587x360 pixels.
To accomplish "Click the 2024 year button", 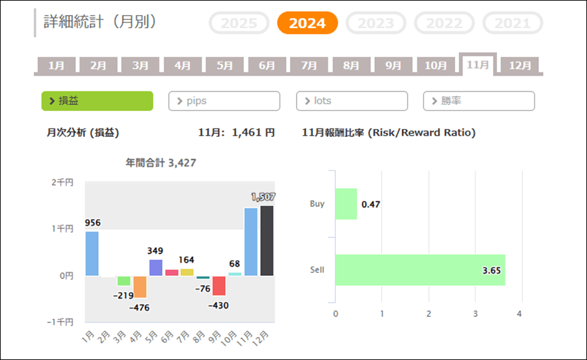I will coord(307,23).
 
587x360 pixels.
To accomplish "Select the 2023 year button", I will coord(376,23).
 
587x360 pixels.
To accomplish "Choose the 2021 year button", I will coord(513,23).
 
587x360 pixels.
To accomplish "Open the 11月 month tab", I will coord(478,65).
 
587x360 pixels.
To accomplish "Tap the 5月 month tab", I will coord(225,65).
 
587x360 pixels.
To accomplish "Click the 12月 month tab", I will coord(520,65).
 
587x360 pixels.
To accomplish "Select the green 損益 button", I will coord(97,101).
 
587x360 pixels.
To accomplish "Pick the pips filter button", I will coord(224,101).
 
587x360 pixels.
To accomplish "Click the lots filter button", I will coord(352,101).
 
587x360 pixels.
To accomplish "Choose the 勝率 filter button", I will coord(479,101).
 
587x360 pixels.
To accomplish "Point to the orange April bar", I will coord(140,286).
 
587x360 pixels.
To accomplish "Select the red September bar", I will coord(219,286).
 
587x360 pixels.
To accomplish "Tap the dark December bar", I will coord(267,240).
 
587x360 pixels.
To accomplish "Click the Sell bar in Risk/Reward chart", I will coord(420,270).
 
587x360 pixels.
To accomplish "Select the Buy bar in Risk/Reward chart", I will coord(346,204).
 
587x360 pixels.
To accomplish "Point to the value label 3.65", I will coord(491,270).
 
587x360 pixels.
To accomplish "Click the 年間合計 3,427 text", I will coord(160,163).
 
